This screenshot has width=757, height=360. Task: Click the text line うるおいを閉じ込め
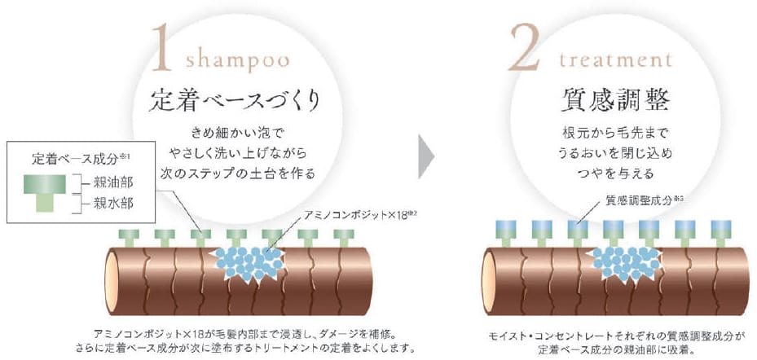(616, 151)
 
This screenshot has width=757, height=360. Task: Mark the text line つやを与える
(616, 173)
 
